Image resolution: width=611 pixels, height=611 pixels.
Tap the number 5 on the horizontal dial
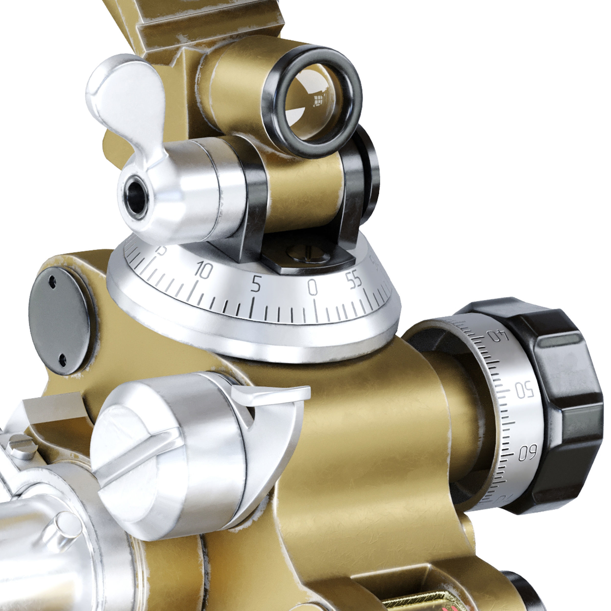point(256,284)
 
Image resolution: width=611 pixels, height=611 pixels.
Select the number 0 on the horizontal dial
point(312,287)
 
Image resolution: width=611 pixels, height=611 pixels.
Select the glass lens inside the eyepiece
point(313,101)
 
